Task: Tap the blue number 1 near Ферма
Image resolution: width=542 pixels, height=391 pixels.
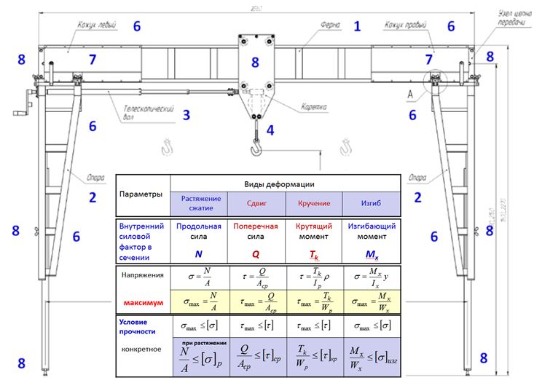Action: [357, 27]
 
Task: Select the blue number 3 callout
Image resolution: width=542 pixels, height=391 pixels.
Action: [186, 114]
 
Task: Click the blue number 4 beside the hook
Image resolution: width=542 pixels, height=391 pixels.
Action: [270, 131]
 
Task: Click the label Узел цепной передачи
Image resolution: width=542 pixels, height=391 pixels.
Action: [513, 17]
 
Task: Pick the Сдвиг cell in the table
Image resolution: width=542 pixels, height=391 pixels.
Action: [256, 203]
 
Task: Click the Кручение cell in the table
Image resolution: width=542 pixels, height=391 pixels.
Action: [314, 203]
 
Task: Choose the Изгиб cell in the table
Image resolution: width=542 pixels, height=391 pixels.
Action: [372, 203]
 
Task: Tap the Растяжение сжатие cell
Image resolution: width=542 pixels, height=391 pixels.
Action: [198, 202]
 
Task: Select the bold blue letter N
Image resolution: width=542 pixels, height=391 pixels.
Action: [198, 255]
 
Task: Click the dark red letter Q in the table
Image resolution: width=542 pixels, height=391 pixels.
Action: [256, 255]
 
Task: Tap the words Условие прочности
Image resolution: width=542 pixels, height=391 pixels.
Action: [138, 325]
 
